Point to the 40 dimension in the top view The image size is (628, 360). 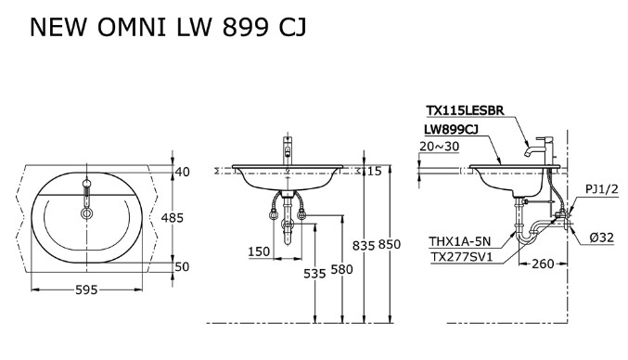(x=182, y=171)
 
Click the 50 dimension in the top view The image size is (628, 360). (x=182, y=267)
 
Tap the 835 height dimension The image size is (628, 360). (x=364, y=245)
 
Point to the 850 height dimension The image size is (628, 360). (x=390, y=245)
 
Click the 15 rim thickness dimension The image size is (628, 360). (x=373, y=171)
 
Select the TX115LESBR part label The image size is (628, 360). (x=465, y=111)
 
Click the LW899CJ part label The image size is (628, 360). (x=452, y=131)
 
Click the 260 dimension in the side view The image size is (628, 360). (x=542, y=264)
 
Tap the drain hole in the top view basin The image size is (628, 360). (x=87, y=213)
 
